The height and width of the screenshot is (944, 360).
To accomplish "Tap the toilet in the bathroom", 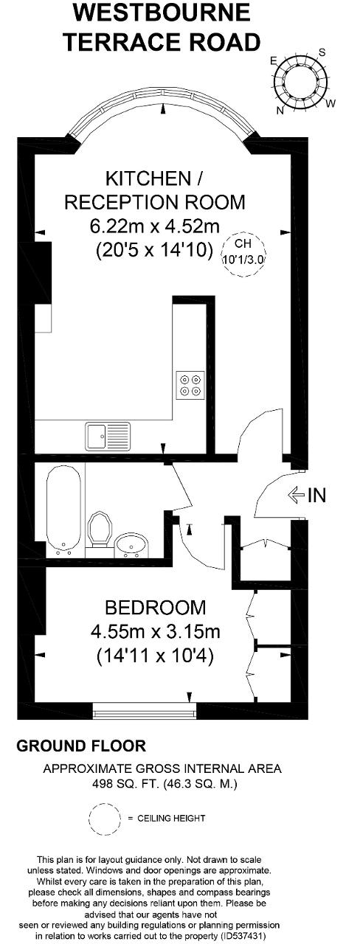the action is (x=100, y=529).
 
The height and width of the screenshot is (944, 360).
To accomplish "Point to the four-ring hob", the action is (x=190, y=384).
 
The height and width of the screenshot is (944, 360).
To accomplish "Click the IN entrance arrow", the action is (x=297, y=494).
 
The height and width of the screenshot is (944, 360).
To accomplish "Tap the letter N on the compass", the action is (x=280, y=110).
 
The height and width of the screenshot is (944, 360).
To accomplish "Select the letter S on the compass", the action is (x=322, y=52).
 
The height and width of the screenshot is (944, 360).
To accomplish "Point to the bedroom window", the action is (x=145, y=710).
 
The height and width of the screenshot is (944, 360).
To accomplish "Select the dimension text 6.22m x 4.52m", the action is (x=155, y=226).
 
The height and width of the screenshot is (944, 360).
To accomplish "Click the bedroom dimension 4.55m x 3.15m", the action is (x=156, y=631).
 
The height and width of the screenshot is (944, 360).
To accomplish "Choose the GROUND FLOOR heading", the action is (x=81, y=746).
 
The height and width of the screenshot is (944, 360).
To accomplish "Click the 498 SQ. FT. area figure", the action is (x=125, y=784).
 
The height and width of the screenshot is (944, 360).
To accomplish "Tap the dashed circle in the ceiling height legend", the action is (x=105, y=818).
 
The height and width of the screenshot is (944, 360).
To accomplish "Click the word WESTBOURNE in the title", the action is (x=162, y=13).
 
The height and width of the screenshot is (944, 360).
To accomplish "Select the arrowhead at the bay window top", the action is (x=163, y=110).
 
